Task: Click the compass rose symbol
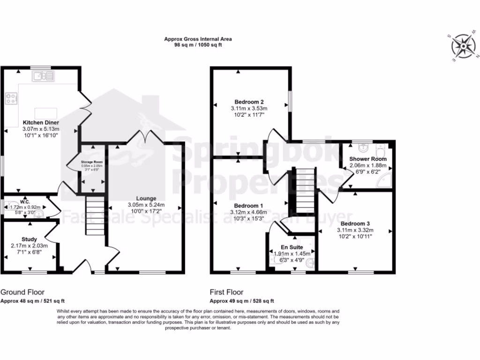coord(462,48)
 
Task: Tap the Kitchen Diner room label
coord(41,122)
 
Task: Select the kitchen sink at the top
coord(44,75)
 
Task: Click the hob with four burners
coord(11,99)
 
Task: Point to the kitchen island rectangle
coord(46,113)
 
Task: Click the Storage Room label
coord(92,162)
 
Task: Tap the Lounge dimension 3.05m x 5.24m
coord(146,205)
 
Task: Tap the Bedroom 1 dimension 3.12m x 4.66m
coord(249,212)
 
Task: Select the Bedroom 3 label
coord(355,223)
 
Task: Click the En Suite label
coord(292,247)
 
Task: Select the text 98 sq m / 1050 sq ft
coord(197,45)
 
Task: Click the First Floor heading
coord(226,292)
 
